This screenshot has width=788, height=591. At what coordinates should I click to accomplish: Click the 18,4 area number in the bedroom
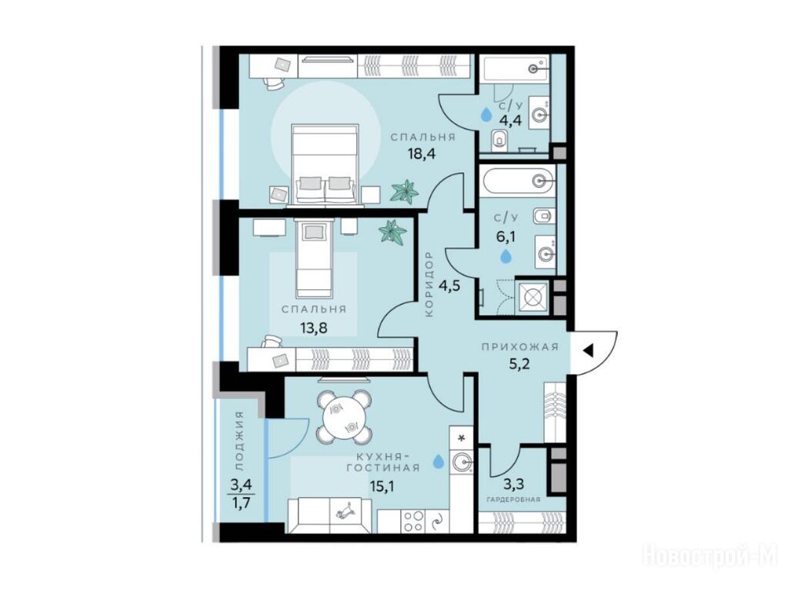tap(421, 153)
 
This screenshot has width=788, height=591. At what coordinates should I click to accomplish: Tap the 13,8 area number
tap(314, 328)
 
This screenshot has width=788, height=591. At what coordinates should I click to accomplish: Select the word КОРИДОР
tap(429, 285)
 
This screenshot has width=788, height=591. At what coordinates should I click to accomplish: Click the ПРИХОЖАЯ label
tap(520, 347)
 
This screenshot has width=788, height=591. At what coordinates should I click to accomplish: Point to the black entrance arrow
tap(589, 350)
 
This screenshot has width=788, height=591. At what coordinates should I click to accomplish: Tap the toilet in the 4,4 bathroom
tap(499, 139)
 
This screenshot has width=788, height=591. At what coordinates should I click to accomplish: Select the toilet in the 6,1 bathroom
tap(543, 216)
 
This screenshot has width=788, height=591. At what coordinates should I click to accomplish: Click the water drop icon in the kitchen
tap(439, 461)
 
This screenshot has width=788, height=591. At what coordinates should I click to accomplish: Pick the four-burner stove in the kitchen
tap(412, 521)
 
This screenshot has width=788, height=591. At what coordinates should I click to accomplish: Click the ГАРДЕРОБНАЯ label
tap(513, 499)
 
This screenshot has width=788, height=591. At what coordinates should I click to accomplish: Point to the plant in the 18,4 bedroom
tap(405, 192)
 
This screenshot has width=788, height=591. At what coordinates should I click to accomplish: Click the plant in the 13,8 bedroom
tap(393, 232)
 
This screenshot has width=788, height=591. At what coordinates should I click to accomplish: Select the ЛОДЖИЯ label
tap(240, 440)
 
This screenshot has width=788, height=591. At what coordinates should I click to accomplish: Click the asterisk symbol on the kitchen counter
tap(462, 437)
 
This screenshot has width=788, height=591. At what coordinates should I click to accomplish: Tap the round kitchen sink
tap(462, 462)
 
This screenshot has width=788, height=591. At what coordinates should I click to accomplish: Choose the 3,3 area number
tap(514, 485)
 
